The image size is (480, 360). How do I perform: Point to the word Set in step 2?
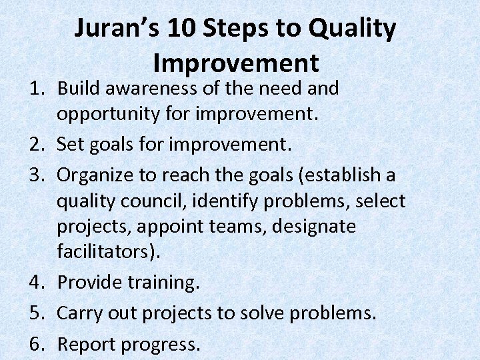pos(70,143)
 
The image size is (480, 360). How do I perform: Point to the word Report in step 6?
pos(85,344)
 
